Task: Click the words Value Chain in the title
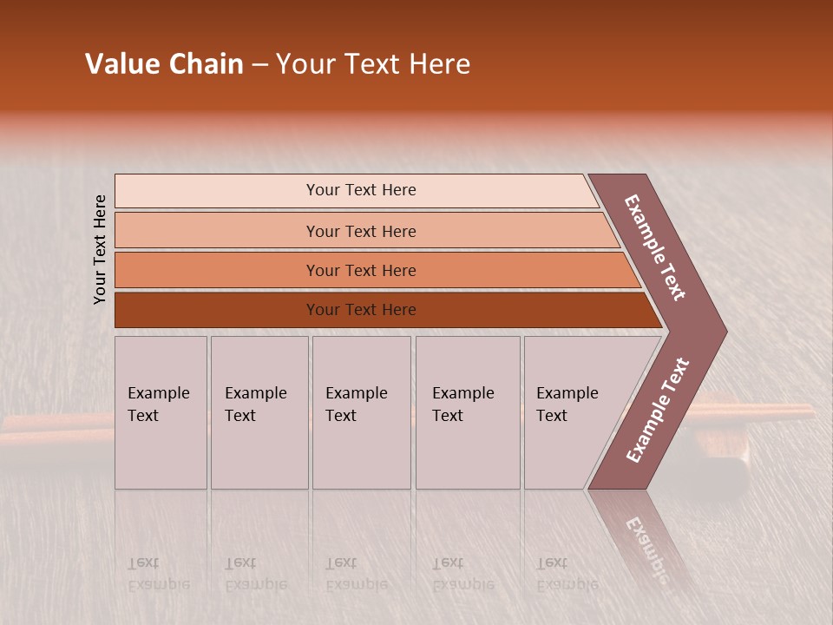164,64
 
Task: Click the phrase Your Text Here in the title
373,64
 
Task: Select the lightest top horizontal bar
356,190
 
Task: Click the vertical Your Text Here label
100,249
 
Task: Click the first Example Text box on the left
161,412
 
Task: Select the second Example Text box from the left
259,412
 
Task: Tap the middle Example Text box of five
361,412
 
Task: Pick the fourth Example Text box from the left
467,412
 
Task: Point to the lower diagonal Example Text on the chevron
658,410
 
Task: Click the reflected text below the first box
158,574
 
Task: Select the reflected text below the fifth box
567,574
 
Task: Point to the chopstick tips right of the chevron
764,411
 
